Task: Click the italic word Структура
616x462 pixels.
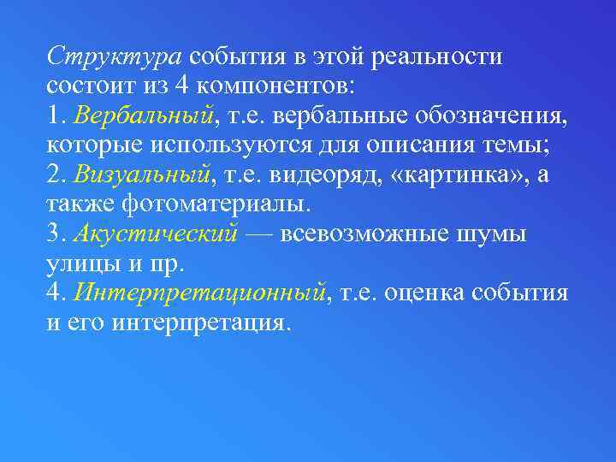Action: click(115, 56)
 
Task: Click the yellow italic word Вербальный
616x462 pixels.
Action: click(141, 115)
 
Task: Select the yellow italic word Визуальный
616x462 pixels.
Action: click(142, 175)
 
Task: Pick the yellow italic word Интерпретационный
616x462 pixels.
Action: click(200, 293)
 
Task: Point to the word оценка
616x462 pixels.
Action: click(429, 293)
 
